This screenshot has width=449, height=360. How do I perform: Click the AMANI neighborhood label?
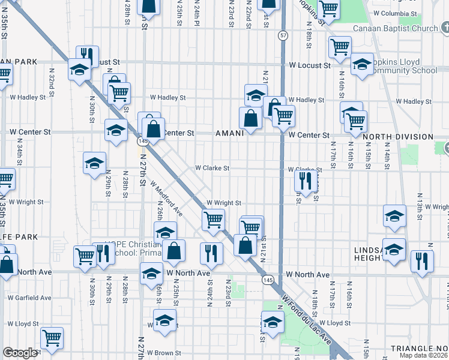point(229,134)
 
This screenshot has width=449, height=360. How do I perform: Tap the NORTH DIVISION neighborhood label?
point(399,137)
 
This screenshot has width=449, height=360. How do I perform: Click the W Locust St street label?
point(310,65)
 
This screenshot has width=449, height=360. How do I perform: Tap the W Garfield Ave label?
point(27,298)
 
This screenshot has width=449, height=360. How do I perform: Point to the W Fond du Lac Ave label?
point(306,317)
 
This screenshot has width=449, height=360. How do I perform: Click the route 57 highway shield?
point(282,37)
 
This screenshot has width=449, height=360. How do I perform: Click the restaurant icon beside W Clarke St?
point(307,181)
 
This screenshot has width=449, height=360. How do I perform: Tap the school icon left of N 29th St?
point(94,163)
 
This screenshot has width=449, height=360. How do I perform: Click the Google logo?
point(20,353)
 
